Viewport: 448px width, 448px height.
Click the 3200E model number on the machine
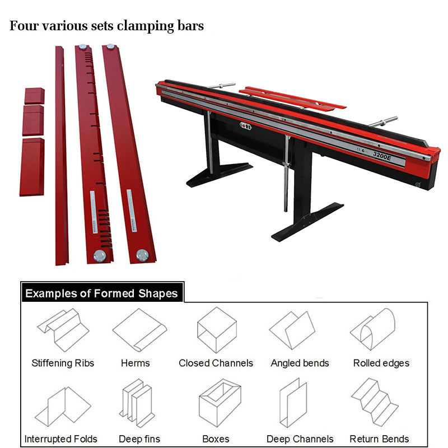coord(382,156)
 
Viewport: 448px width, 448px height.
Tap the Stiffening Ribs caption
coord(63,363)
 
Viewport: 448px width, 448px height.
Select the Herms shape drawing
coord(139,330)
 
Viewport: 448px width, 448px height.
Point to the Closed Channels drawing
coord(217,330)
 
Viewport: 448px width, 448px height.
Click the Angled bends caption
coord(300,363)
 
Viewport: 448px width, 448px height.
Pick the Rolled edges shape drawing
coord(373,329)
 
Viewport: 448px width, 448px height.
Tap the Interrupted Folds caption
coord(60,439)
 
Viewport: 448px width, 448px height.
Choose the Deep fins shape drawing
coord(137,403)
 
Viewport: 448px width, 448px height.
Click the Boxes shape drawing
coord(220,403)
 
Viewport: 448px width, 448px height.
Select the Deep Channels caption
coord(300,439)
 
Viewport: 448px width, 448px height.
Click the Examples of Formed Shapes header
coord(101,293)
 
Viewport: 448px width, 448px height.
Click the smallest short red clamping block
coord(34,96)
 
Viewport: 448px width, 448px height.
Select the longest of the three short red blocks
coord(32,167)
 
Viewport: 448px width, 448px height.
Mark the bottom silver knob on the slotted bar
coord(100,256)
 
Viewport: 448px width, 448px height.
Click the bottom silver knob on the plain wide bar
coord(142,255)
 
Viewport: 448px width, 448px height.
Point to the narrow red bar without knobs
coord(61,156)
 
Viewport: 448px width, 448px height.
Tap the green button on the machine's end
coord(418,185)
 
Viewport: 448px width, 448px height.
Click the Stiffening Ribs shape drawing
coord(63,330)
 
